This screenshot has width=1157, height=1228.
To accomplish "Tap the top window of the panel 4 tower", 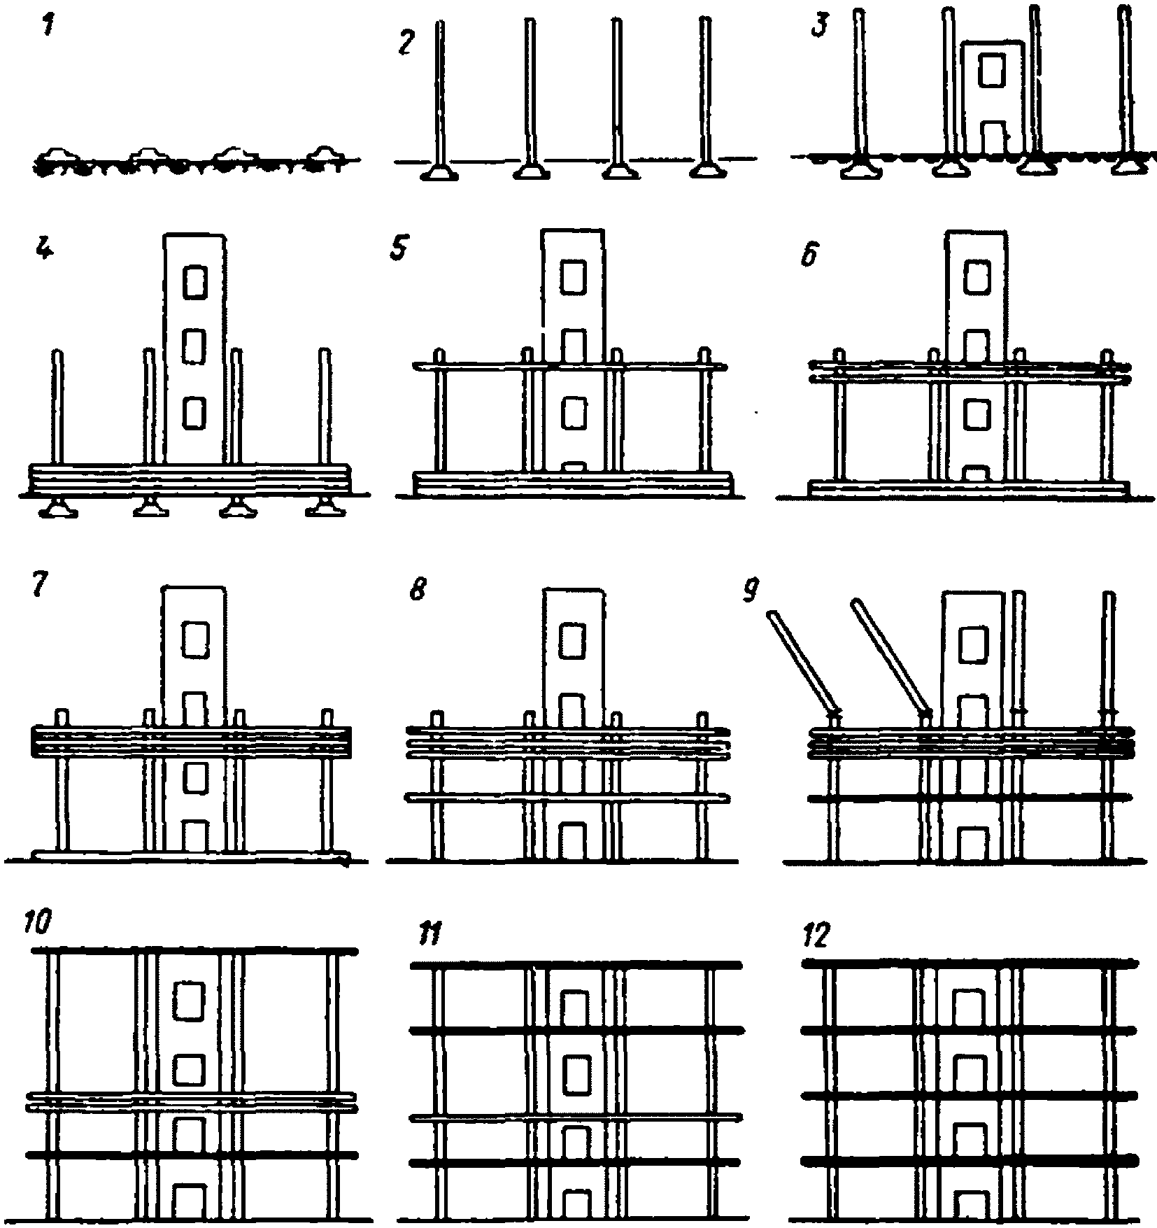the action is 195,281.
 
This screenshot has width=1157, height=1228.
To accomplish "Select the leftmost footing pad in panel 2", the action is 439,171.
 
